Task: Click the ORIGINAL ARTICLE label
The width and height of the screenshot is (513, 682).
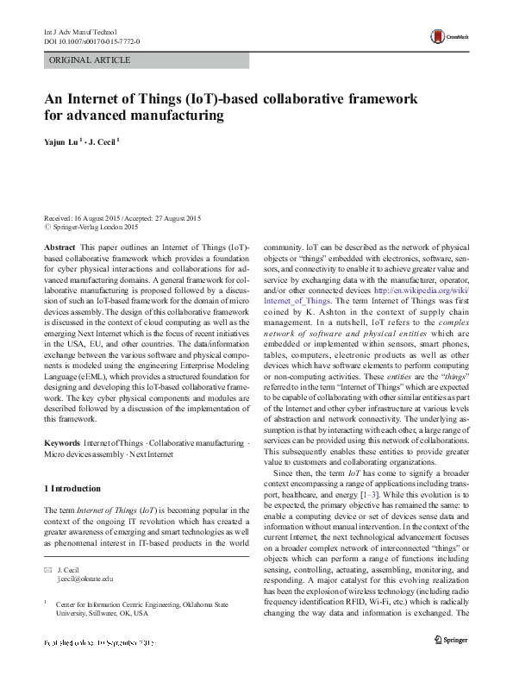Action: (90, 60)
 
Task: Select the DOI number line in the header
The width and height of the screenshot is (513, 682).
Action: (92, 41)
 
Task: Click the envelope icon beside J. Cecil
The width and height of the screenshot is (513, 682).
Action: (47, 570)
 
